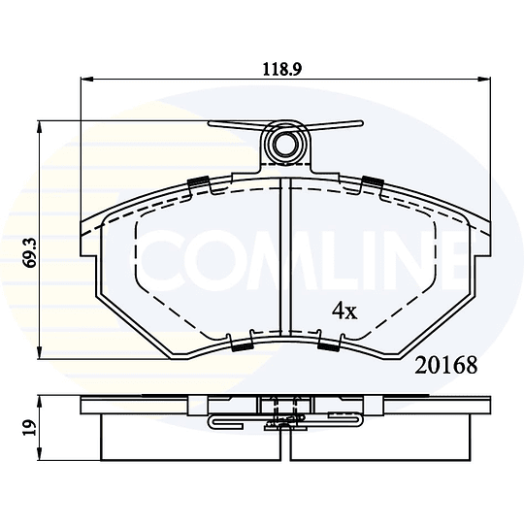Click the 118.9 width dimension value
coord(282,69)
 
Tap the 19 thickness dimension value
coord(30,427)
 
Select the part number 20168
coord(446,366)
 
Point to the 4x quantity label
coord(344,311)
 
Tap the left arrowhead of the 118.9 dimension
coord(86,79)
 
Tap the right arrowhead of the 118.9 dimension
coord(485,79)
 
